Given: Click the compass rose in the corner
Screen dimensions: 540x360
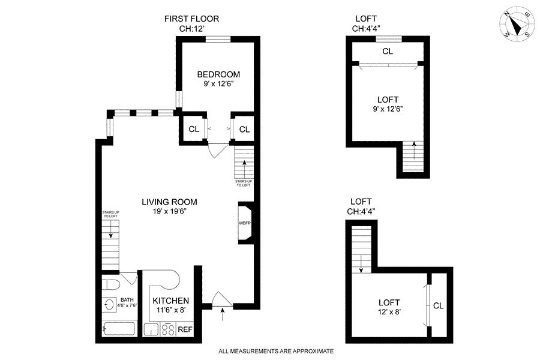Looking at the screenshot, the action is coord(516,25).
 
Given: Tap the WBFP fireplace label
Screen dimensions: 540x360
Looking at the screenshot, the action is coord(245,223).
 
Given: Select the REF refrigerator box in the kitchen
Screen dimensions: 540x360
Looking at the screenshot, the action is coord(185,329).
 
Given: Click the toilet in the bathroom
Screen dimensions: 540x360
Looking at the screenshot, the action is coord(111,284).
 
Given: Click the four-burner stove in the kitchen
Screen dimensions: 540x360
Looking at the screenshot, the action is coord(169,329).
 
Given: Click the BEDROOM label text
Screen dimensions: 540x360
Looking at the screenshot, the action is coord(218,74).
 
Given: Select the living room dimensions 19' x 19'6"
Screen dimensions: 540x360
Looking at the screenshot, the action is coord(170,211).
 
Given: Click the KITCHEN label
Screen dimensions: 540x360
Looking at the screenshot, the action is coord(171,301).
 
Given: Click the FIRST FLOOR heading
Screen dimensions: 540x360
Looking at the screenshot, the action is coord(191,19).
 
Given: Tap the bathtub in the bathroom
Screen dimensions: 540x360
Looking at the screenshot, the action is coord(119,329).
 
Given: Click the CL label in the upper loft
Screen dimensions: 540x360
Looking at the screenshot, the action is coord(388,52).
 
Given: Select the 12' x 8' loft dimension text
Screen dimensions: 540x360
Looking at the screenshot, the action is coord(389,312).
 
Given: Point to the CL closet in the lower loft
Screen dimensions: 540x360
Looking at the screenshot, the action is coord(439,305).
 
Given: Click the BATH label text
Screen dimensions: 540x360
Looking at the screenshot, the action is coord(127,300).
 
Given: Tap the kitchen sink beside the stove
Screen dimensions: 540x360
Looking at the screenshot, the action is coord(151,329).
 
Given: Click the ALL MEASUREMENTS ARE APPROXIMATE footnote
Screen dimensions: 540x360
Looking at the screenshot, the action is coord(276,352).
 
